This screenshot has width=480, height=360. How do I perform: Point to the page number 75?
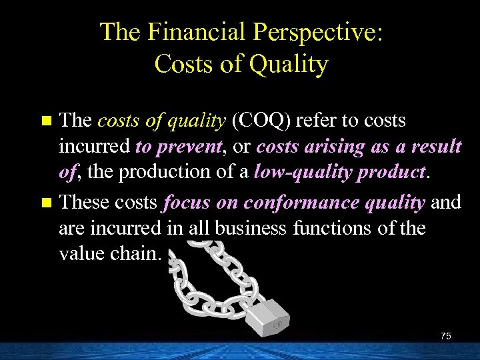click(445, 337)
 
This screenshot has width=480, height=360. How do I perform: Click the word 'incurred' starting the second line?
click(95, 145)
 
